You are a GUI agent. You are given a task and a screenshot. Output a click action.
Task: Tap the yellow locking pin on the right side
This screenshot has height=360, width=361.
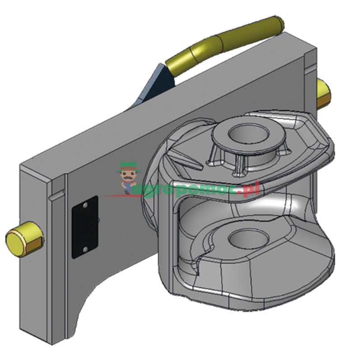click(x=323, y=93)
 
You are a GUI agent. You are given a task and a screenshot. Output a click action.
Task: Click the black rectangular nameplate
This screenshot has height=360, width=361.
click(x=85, y=226)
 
